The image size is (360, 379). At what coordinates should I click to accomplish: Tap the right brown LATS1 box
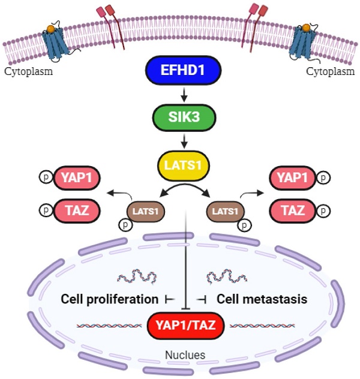(x=226, y=211)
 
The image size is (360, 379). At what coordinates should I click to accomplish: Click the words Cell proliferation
(x=106, y=299)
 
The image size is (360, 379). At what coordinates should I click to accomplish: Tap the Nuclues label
(x=185, y=355)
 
